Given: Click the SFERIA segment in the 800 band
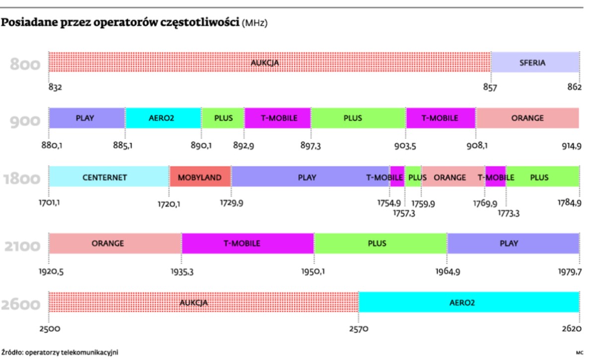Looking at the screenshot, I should pos(535,63).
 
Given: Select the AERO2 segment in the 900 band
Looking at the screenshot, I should pos(162,118).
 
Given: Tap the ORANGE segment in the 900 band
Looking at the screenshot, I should pos(527,118).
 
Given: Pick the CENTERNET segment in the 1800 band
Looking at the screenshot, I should pos(109,177).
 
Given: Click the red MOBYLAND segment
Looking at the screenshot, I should pos(200,177).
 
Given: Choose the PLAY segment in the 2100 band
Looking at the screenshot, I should pos(513,243).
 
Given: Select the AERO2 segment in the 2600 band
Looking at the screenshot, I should pos(469,302).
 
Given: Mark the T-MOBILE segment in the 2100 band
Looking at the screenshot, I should pos(247,243).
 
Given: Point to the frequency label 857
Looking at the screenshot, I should pos(490,87).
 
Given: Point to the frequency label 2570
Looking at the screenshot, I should pos(359,329).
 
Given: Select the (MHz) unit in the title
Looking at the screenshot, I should pos(254,23).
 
